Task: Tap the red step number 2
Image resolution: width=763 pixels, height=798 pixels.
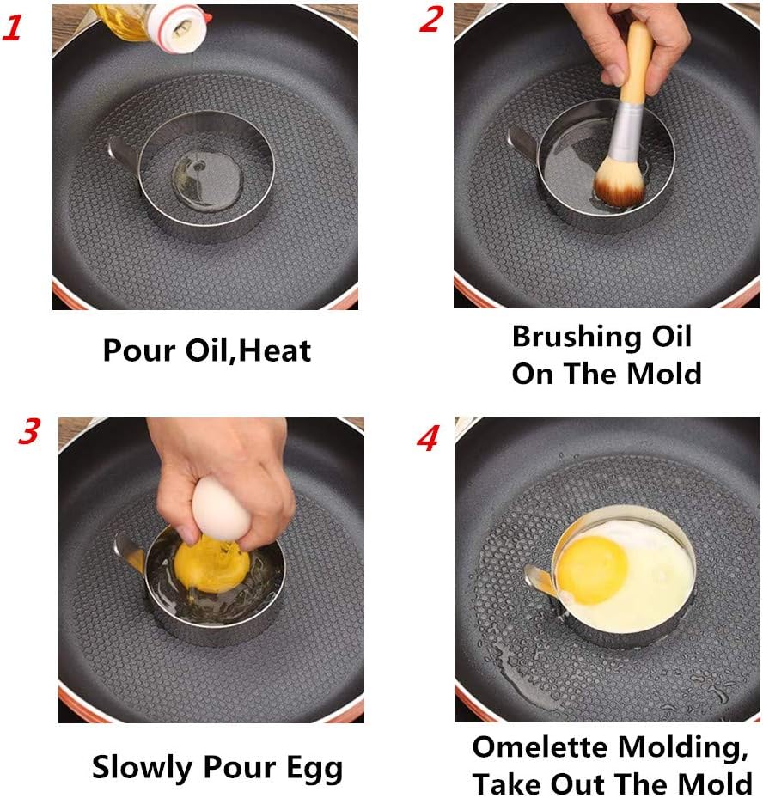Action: coord(431,19)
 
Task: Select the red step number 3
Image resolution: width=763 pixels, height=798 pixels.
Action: coord(27,432)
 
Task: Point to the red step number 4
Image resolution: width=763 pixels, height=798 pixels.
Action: coord(428,437)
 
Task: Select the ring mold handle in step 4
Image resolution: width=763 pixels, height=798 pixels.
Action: coord(539,583)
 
